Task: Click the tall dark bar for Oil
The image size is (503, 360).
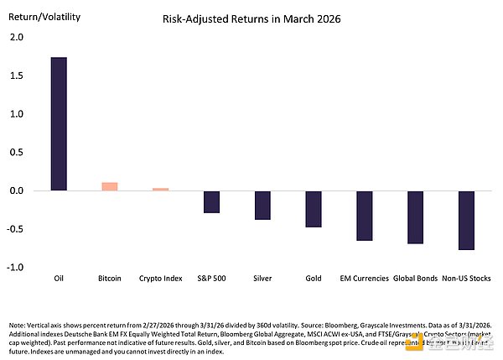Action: coord(59,124)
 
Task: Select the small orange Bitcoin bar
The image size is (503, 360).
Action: coord(110,186)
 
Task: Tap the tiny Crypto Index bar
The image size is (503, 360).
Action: coord(160,189)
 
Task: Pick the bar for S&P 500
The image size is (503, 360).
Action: coord(211,201)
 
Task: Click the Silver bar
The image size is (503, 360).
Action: coord(262,205)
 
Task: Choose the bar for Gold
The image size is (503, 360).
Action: coord(314,209)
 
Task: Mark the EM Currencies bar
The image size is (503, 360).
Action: coord(364,216)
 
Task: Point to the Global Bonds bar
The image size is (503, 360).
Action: coord(415,217)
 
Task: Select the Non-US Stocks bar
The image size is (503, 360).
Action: coord(466,220)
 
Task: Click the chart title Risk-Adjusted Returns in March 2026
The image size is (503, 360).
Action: coord(251,18)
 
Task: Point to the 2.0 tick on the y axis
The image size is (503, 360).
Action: coord(17,38)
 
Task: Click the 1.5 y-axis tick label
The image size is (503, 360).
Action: coord(17,76)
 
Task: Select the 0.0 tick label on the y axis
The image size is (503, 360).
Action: coord(17,190)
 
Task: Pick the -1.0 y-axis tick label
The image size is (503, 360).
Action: coord(16,267)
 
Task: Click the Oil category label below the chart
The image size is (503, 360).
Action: coord(59,279)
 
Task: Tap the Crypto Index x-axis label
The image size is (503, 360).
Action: coord(160,279)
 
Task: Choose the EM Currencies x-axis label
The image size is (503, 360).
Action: coord(364,279)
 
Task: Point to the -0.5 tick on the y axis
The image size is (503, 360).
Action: coord(16,229)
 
